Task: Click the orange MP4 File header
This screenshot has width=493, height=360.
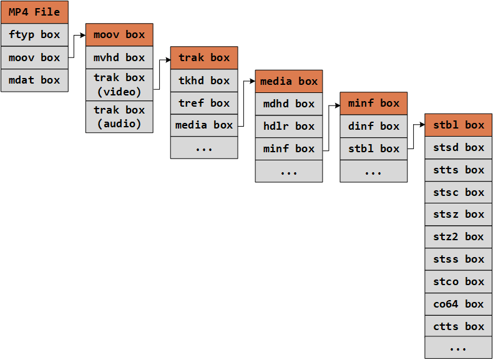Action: [x=34, y=12]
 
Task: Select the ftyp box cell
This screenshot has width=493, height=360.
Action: [x=34, y=35]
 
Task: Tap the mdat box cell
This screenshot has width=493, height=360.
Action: [x=34, y=80]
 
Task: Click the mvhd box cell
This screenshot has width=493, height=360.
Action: [x=119, y=57]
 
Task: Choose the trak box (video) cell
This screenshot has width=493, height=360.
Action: [x=119, y=85]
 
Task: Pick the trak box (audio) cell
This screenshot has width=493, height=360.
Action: [x=119, y=117]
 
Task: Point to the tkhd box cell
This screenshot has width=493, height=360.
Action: [x=204, y=80]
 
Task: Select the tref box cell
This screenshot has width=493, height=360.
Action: [x=204, y=103]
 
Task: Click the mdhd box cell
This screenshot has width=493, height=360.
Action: [x=289, y=104]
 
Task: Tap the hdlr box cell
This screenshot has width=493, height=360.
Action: [x=289, y=126]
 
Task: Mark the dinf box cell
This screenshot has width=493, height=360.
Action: [x=374, y=126]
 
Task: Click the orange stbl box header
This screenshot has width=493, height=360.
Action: [x=459, y=125]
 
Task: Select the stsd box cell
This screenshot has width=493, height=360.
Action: [x=459, y=147]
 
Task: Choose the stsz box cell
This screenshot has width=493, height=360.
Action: [x=459, y=214]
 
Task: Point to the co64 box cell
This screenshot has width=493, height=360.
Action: [x=459, y=304]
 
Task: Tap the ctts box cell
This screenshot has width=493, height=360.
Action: [x=459, y=326]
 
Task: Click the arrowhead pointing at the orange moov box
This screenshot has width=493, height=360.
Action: [x=83, y=36]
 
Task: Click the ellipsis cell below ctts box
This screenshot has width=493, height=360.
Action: [x=459, y=348]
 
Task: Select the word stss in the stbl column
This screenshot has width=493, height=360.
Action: [x=446, y=259]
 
